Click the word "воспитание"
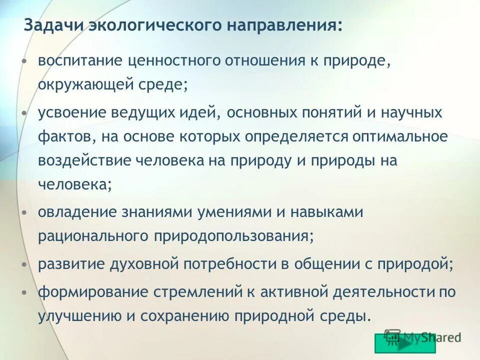point(80,61)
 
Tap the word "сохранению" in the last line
point(195,316)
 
